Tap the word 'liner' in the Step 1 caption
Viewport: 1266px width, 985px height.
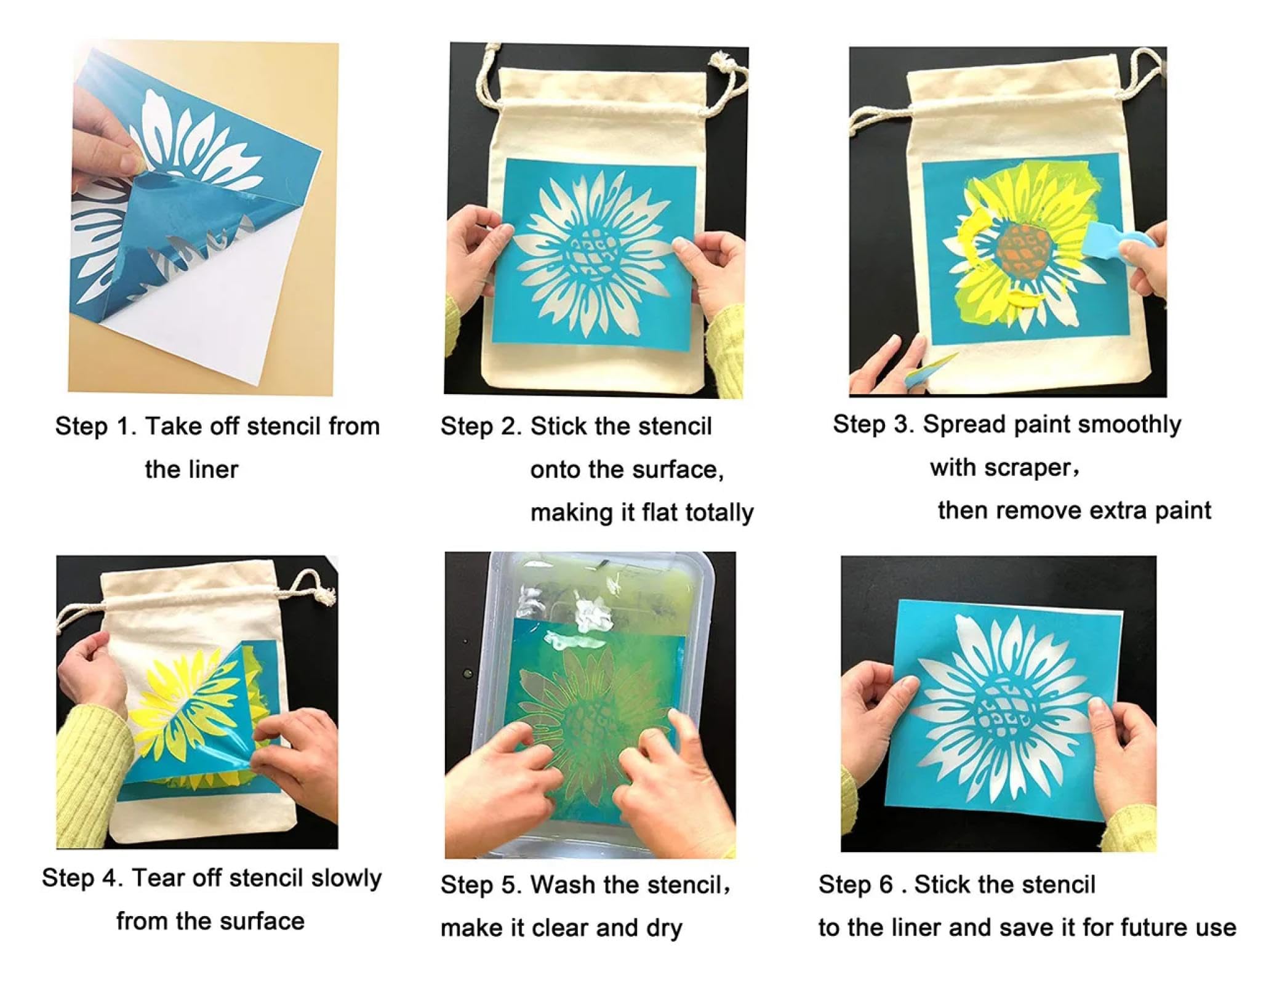pyautogui.click(x=210, y=470)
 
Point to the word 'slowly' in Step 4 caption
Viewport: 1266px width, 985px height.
pyautogui.click(x=346, y=878)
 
